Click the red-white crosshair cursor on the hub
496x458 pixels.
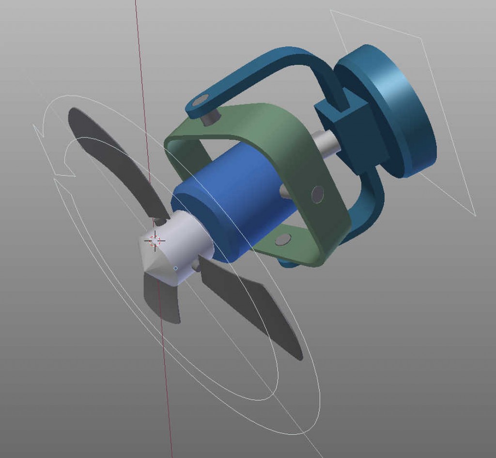(x=155, y=240)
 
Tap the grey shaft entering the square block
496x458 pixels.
(x=326, y=142)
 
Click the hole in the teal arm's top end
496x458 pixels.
(x=200, y=101)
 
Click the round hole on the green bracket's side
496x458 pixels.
(x=318, y=194)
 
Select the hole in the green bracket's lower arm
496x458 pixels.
(x=282, y=239)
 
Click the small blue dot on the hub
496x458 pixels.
(x=175, y=268)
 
